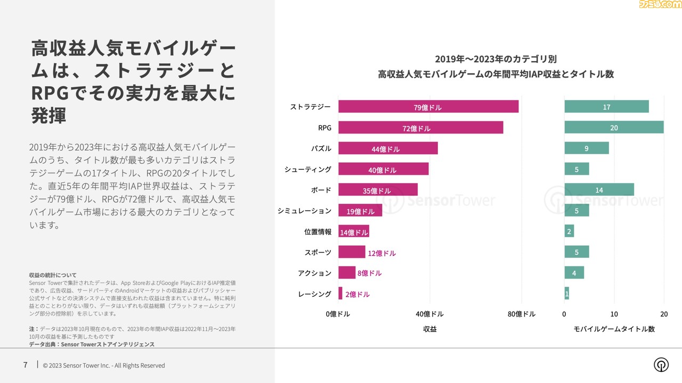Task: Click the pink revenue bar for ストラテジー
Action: point(428,107)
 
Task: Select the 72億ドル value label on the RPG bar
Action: point(416,128)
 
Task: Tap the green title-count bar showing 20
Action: point(614,128)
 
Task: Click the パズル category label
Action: point(321,148)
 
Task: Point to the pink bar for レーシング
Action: point(340,294)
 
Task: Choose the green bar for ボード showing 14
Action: point(599,190)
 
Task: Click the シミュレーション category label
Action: point(304,211)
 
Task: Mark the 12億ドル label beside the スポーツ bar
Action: point(381,253)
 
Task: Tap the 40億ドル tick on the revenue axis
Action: point(429,314)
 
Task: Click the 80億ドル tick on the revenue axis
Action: point(521,314)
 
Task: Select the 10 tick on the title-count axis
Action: point(614,314)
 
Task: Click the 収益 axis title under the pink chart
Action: point(429,329)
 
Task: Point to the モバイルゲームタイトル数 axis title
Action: point(614,329)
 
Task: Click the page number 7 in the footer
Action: point(25,365)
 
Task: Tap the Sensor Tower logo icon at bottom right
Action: point(661,365)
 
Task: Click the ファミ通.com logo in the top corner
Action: point(660,6)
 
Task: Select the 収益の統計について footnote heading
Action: point(53,275)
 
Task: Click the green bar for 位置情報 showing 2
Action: point(569,231)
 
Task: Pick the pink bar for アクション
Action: point(347,273)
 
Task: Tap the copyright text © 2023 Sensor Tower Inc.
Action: point(104,365)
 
